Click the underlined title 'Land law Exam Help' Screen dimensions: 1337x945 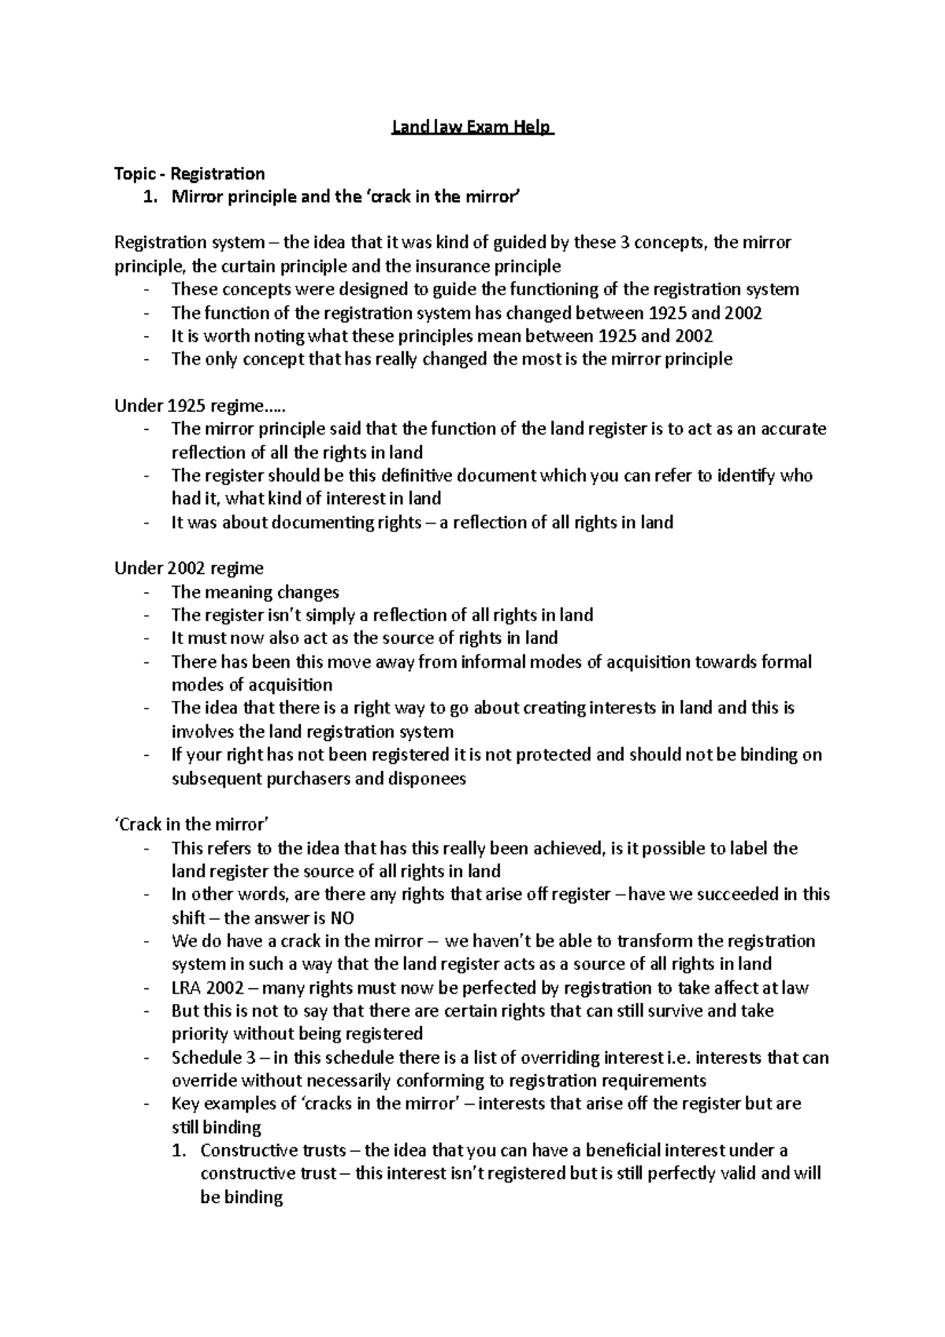tap(472, 127)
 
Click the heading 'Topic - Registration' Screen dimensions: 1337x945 tap(189, 173)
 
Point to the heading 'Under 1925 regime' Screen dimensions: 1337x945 tap(200, 406)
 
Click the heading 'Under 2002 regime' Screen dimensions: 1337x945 tap(189, 569)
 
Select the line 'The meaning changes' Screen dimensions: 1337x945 tap(255, 592)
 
